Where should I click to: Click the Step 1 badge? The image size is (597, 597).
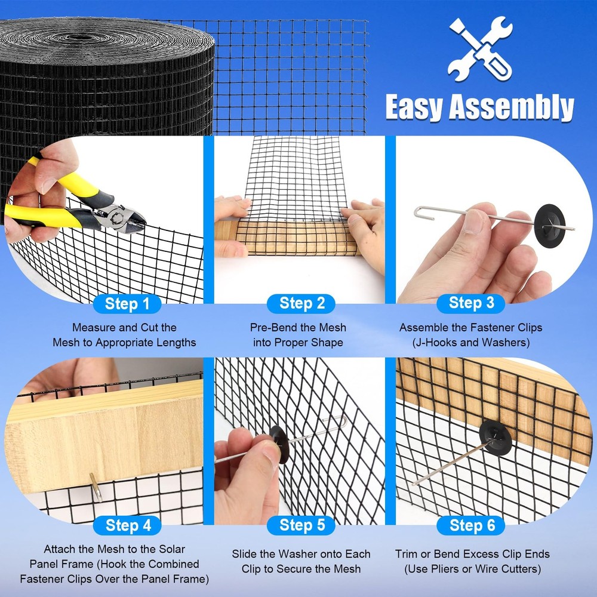pyautogui.click(x=127, y=304)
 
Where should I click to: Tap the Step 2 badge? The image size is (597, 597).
pyautogui.click(x=301, y=303)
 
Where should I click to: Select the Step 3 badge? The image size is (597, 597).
pyautogui.click(x=471, y=303)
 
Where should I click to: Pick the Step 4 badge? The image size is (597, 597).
pyautogui.click(x=127, y=525)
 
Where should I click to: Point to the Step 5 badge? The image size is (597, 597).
pyautogui.click(x=301, y=525)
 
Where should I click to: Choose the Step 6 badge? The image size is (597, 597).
pyautogui.click(x=471, y=525)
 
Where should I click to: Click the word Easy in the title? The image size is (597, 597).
pyautogui.click(x=415, y=107)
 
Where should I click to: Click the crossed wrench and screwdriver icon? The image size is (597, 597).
pyautogui.click(x=480, y=49)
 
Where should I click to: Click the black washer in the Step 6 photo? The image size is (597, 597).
pyautogui.click(x=495, y=435)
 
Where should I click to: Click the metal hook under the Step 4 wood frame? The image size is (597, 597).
pyautogui.click(x=96, y=487)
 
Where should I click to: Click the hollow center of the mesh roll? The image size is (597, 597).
pyautogui.click(x=80, y=37)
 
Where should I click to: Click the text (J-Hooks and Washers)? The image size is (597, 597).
pyautogui.click(x=471, y=342)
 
